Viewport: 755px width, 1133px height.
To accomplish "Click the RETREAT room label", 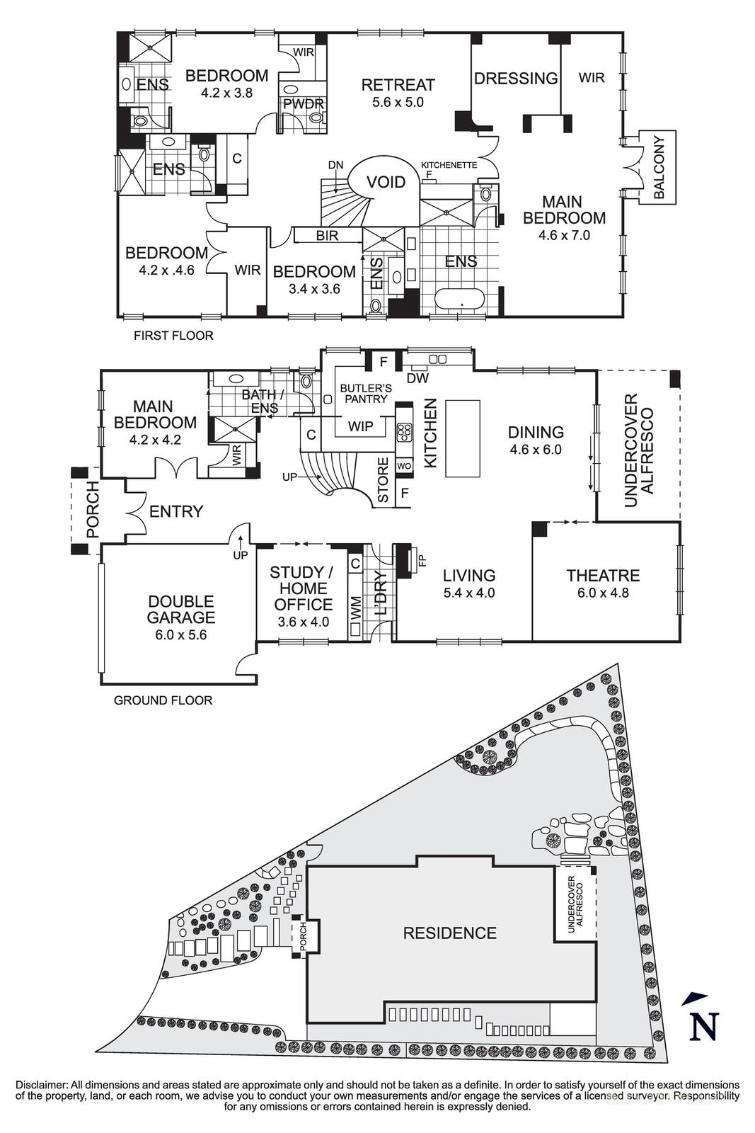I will (398, 85).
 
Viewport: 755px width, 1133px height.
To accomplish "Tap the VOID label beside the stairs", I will (386, 183).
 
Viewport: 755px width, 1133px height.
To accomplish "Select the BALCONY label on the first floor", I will (659, 167).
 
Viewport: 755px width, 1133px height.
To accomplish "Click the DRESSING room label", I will (516, 79).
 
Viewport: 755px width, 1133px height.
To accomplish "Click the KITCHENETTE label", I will (449, 165).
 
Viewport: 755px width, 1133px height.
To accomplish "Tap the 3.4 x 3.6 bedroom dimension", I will (314, 289).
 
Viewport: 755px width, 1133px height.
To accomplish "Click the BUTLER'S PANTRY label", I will (364, 394).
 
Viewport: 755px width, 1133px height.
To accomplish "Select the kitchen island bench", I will (462, 439).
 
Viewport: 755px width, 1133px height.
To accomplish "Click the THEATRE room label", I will (603, 576).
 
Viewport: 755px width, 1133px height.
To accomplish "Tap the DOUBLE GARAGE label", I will (181, 609).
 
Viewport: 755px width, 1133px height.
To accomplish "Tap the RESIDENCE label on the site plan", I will (449, 933).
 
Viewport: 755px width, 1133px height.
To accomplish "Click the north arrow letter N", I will (704, 1026).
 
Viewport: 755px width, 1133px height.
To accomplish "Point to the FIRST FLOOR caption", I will (173, 336).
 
